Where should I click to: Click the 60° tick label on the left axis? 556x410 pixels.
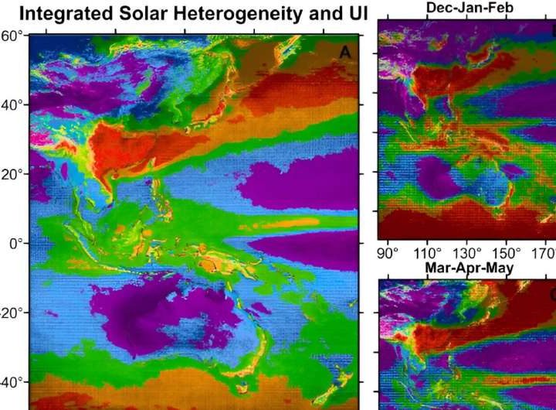tap(13, 36)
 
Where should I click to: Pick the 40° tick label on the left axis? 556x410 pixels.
tap(13, 104)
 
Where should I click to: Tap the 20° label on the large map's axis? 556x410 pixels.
tap(13, 174)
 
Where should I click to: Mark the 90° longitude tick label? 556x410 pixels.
tap(388, 253)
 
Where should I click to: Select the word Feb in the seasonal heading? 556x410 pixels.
tap(492, 8)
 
